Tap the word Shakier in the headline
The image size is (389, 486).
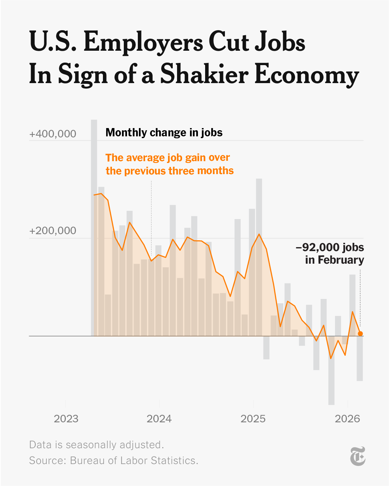click(204, 74)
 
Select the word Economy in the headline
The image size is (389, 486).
click(307, 74)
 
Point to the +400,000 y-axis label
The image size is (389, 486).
click(53, 134)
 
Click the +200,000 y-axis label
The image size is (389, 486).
click(53, 231)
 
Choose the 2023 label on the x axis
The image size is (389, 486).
click(66, 419)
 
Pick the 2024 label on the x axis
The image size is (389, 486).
click(159, 419)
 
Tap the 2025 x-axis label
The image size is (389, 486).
click(253, 419)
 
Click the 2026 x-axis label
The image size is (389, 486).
click(347, 419)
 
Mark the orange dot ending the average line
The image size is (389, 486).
click(360, 333)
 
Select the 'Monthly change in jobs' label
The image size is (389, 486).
click(164, 133)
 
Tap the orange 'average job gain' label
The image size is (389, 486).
click(169, 164)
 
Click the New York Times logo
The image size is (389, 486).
click(358, 456)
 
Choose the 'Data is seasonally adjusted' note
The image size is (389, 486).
click(96, 445)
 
